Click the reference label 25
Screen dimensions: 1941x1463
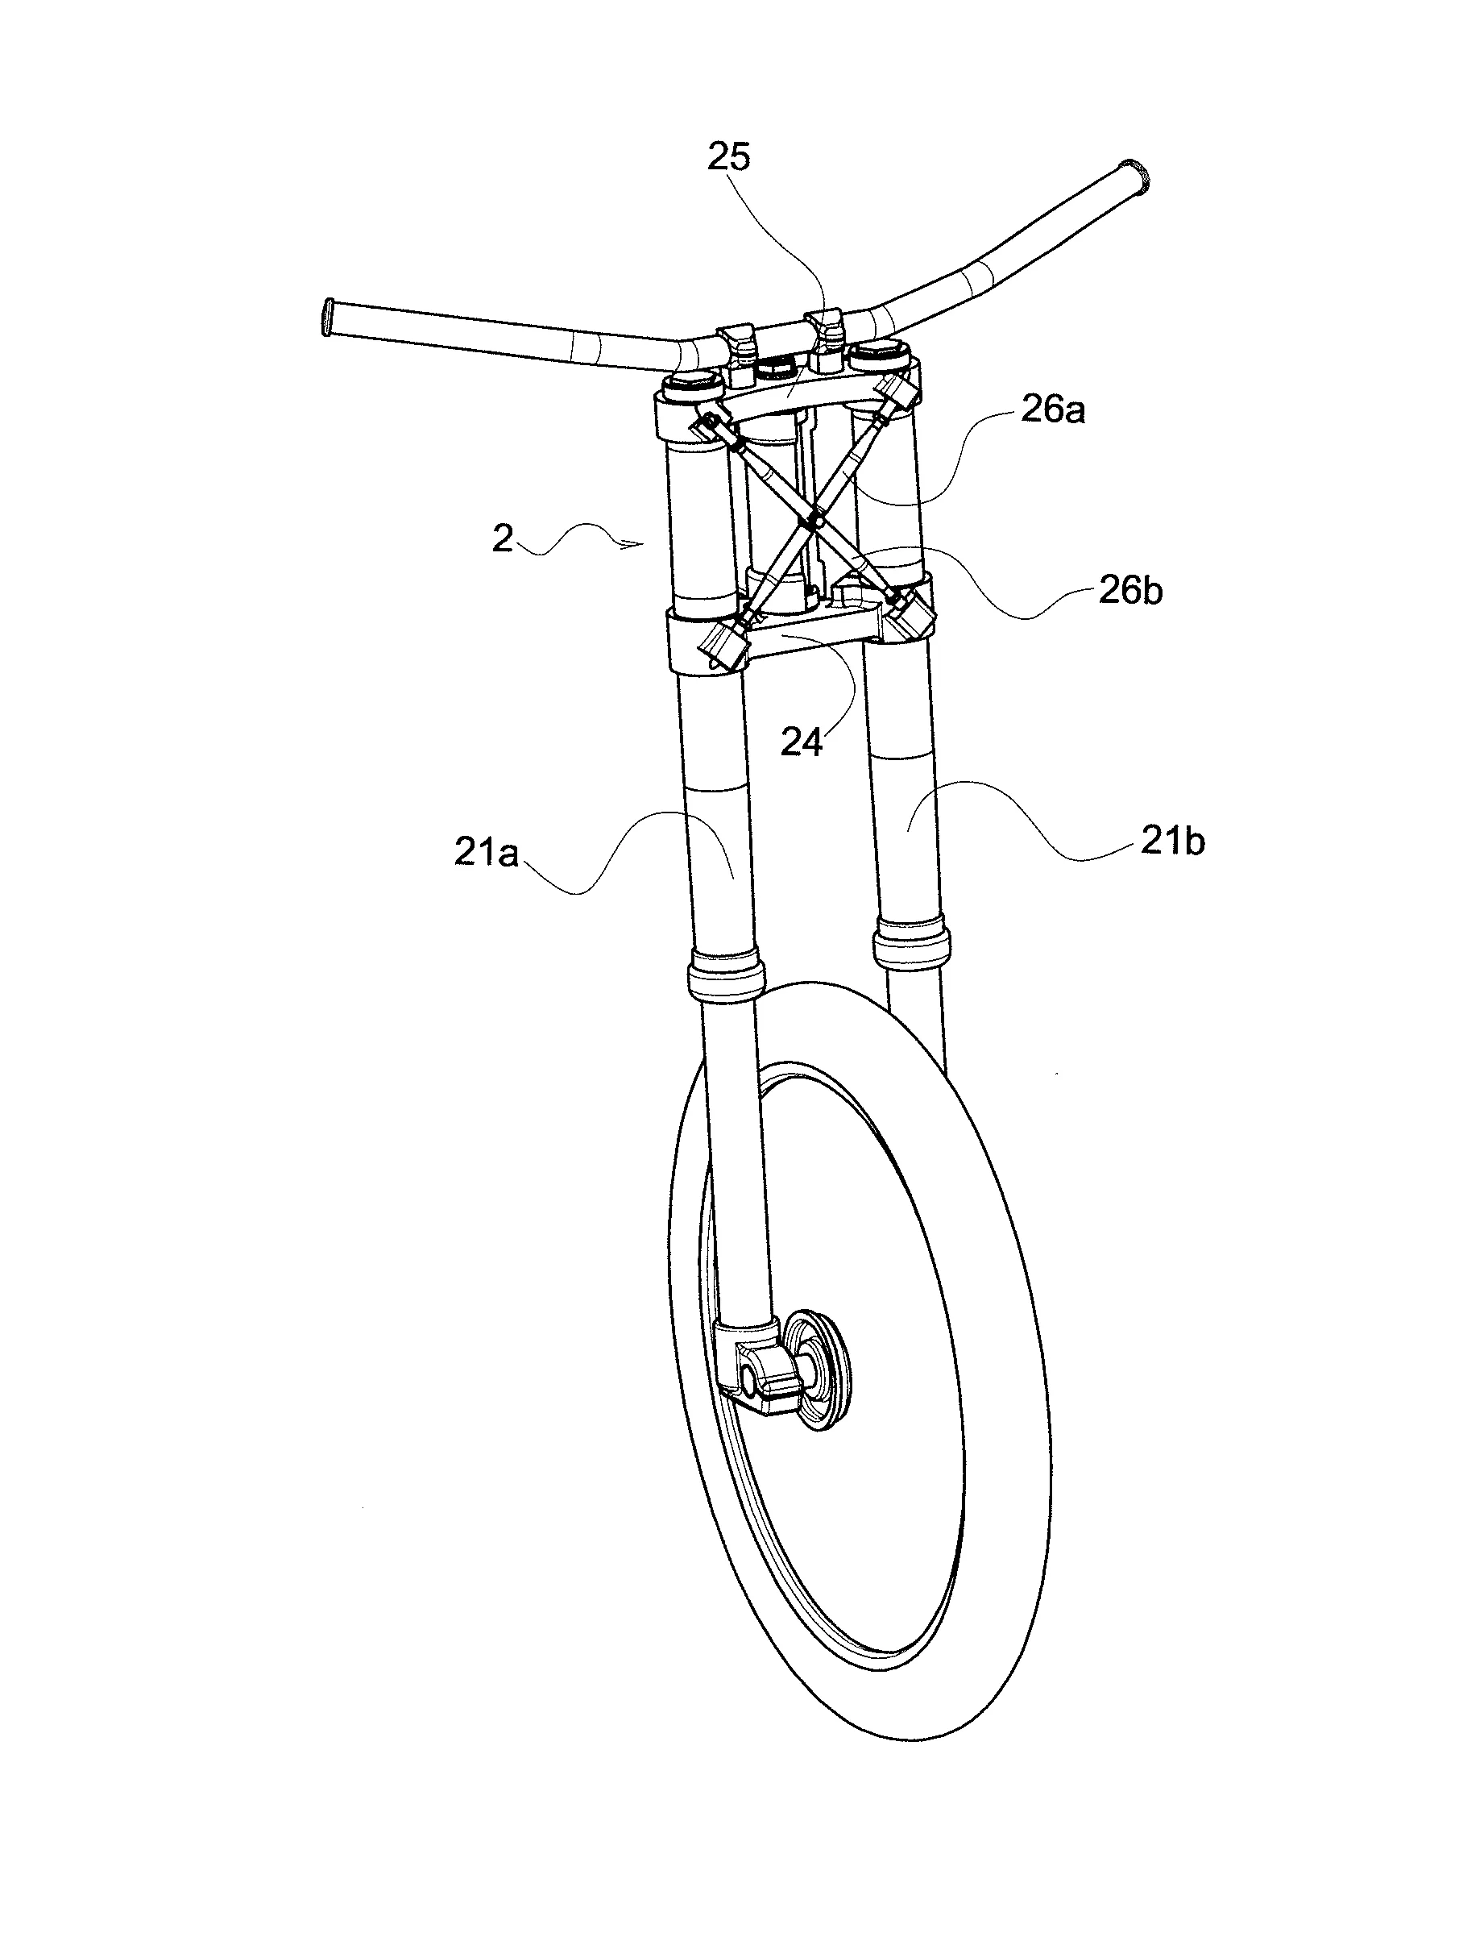pos(729,158)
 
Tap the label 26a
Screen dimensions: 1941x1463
pos(1052,409)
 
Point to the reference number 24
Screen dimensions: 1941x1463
pos(802,743)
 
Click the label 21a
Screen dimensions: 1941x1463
pos(487,852)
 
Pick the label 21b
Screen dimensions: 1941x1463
pos(1173,842)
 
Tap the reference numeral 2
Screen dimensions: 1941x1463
pos(503,538)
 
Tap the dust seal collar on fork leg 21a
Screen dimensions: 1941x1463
pos(725,974)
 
